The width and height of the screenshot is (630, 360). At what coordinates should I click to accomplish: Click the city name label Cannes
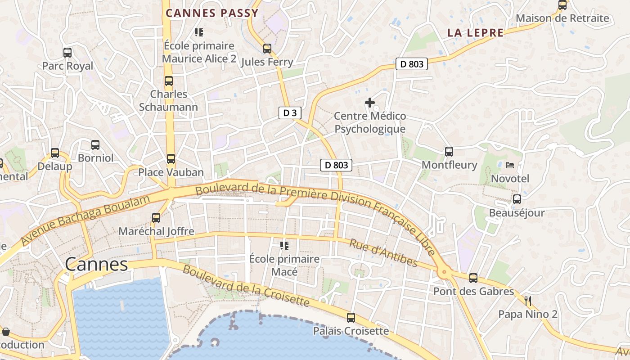(96, 264)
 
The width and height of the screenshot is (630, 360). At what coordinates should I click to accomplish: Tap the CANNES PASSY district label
(212, 13)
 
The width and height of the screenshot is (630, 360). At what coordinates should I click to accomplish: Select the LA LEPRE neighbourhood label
(475, 33)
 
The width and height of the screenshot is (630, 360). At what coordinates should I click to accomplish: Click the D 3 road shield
(289, 113)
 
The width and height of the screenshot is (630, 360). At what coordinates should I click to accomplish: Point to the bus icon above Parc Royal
(67, 53)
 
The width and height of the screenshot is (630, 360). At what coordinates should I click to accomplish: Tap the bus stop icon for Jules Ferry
(267, 49)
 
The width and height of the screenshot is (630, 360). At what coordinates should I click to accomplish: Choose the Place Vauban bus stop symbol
(171, 159)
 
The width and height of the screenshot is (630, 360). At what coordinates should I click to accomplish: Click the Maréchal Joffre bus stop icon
(156, 218)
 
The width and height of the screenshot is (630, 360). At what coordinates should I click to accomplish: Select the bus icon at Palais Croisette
(351, 318)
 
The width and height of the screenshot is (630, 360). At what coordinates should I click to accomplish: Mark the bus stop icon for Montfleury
(449, 152)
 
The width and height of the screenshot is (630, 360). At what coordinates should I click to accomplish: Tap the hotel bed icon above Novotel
(510, 165)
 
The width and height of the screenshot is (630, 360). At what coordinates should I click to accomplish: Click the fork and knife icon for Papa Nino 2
(528, 301)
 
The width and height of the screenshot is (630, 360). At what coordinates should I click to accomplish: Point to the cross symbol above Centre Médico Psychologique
(370, 103)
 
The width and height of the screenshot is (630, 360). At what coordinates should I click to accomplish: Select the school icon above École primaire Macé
(284, 246)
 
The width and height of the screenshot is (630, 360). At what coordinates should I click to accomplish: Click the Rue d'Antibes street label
(383, 252)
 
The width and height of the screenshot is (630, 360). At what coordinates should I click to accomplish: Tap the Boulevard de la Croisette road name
(246, 286)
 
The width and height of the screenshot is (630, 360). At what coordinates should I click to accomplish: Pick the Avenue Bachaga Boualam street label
(85, 220)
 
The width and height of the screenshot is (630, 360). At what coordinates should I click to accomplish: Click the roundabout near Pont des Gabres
(445, 271)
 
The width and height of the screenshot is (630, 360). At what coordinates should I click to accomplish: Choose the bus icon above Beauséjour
(517, 199)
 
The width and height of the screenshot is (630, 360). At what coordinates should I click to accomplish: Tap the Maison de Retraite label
(562, 18)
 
